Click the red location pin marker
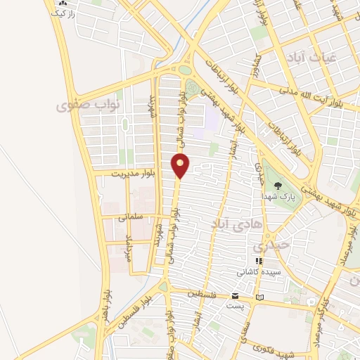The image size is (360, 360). click(x=181, y=165)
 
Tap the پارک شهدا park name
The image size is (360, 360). click(x=279, y=197)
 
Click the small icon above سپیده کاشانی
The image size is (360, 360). click(x=259, y=261)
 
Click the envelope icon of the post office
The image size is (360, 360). click(x=235, y=296)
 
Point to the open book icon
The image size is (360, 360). click(x=261, y=297)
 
